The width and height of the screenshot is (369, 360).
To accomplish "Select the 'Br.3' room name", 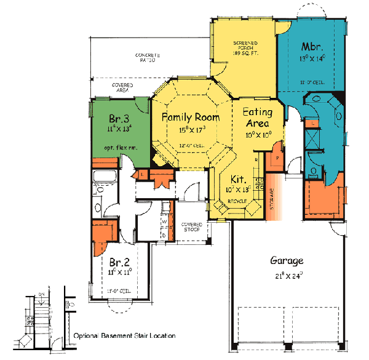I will tap(118, 118).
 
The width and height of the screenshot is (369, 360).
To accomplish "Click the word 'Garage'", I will tap(286, 260).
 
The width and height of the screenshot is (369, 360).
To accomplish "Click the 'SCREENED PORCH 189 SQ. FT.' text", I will tap(244, 47).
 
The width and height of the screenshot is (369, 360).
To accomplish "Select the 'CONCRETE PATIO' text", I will tap(145, 58).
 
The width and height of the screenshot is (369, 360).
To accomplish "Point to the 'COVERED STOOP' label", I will tap(192, 227).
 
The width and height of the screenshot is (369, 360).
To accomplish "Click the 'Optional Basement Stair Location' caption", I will tap(124, 336).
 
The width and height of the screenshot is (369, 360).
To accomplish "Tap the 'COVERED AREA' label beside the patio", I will tap(121, 88).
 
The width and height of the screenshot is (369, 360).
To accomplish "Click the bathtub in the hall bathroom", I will tap(99, 182).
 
